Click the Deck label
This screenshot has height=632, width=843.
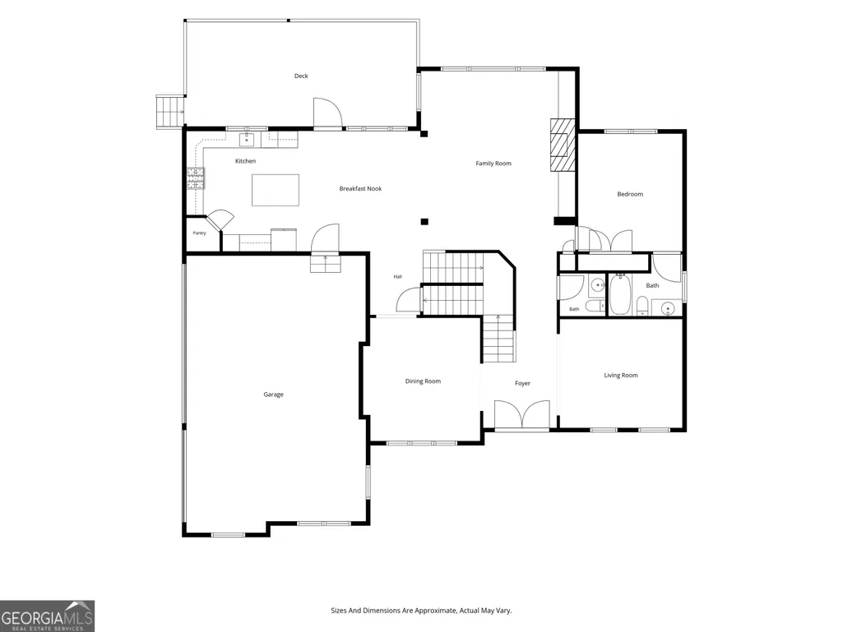pyautogui.click(x=301, y=76)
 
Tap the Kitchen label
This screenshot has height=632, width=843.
pyautogui.click(x=245, y=161)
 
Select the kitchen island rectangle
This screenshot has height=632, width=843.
pyautogui.click(x=276, y=190)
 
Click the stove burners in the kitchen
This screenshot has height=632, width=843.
pyautogui.click(x=196, y=178)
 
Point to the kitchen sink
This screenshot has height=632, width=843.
pyautogui.click(x=247, y=140)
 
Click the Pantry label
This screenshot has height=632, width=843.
pyautogui.click(x=200, y=233)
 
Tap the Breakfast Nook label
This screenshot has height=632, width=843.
pyautogui.click(x=360, y=189)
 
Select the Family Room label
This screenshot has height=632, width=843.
pyautogui.click(x=493, y=164)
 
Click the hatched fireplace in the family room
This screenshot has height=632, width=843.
pyautogui.click(x=563, y=145)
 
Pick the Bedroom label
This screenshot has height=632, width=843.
pyautogui.click(x=630, y=194)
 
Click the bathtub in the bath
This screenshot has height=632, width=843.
pyautogui.click(x=620, y=294)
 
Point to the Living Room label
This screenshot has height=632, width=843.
pyautogui.click(x=621, y=375)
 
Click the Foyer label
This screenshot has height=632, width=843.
pyautogui.click(x=522, y=383)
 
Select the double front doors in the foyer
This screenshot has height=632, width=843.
pyautogui.click(x=522, y=414)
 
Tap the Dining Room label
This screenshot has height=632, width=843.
pyautogui.click(x=423, y=381)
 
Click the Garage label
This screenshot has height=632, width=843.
pyautogui.click(x=273, y=394)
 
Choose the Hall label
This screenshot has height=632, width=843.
pyautogui.click(x=398, y=277)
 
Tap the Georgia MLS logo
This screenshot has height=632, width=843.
pyautogui.click(x=48, y=616)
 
